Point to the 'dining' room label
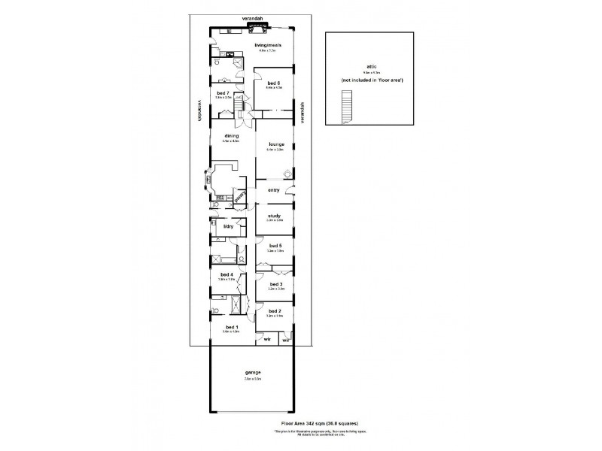coord(231,136)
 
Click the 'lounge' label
coord(273,144)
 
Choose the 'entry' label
coord(273,192)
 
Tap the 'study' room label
coord(274,216)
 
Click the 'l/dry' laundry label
coord(228,225)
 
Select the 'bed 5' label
coord(275,246)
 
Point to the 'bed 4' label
coord(227,274)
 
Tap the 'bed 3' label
coord(275,284)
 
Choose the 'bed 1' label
coord(232,327)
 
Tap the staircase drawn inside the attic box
coord(347,106)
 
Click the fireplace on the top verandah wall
coord(257,26)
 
